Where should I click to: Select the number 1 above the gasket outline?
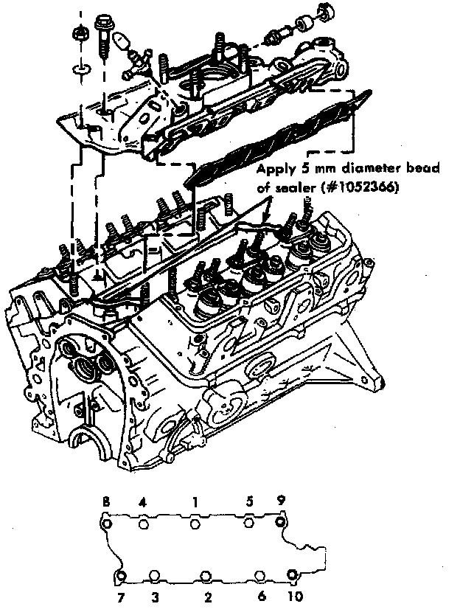click(195, 501)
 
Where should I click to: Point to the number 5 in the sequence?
click(250, 501)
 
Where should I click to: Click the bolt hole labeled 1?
click(195, 524)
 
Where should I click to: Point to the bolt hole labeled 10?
click(293, 575)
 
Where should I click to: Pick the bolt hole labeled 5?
click(250, 523)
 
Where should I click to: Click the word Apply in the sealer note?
click(273, 169)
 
